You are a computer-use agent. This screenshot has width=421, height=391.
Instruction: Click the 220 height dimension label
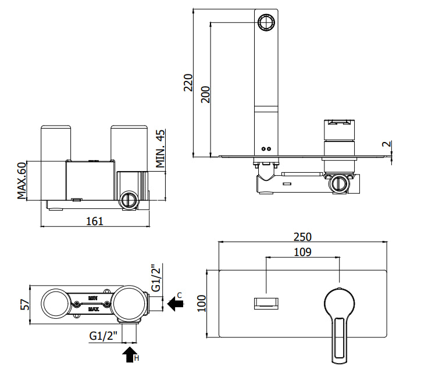point(188,83)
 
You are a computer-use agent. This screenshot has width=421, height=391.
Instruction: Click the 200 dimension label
point(206,94)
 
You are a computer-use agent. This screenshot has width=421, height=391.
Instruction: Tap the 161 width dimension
point(95,221)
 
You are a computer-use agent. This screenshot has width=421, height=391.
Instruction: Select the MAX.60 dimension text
point(22,180)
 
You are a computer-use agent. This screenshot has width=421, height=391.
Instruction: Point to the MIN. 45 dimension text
point(160,148)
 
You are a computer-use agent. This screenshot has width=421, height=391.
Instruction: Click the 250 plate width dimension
point(302,237)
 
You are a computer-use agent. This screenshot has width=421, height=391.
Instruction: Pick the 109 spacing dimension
point(302,252)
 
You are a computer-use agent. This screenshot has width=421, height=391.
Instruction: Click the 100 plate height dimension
point(202,303)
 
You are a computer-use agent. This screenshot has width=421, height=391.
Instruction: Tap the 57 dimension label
point(25,305)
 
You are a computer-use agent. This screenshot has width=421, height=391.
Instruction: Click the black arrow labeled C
point(176,304)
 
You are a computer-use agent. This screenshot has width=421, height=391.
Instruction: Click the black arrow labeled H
point(130,354)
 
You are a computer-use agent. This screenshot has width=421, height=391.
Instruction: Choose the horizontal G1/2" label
point(104,336)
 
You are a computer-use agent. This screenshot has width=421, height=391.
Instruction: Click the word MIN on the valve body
point(93,298)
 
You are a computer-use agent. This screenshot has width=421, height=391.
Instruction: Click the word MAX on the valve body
point(93,310)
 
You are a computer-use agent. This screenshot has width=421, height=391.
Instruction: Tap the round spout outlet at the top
point(266,22)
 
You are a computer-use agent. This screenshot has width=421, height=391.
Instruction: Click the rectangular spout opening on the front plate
point(266,303)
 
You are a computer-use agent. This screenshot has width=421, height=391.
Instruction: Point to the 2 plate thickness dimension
point(386,144)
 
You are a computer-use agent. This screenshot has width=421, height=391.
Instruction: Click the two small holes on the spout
point(266,148)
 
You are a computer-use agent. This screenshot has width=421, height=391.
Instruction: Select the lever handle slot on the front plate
point(340,338)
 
